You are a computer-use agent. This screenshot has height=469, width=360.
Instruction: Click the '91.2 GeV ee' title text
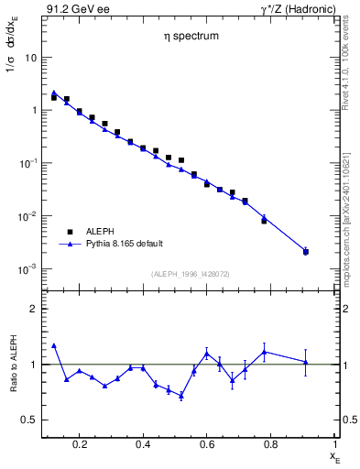pos(72,8)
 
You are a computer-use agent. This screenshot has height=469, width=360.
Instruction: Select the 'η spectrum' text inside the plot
pos(182,39)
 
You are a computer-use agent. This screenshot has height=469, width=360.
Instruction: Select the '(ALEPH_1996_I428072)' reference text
pos(189,274)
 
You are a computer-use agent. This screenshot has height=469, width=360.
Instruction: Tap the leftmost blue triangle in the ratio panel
pos(54,345)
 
